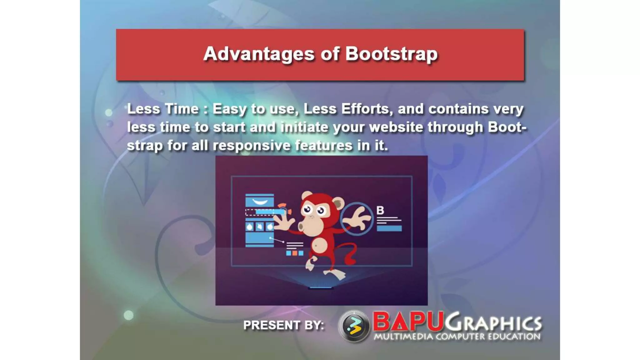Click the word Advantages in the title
pyautogui.click(x=259, y=54)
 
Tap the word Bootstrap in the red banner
pyautogui.click(x=391, y=54)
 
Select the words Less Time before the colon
pyautogui.click(x=163, y=109)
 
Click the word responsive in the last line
pyautogui.click(x=252, y=146)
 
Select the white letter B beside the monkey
pyautogui.click(x=380, y=210)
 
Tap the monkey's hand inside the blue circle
pyautogui.click(x=358, y=219)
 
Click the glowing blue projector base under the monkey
pyautogui.click(x=320, y=287)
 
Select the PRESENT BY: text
pyautogui.click(x=283, y=325)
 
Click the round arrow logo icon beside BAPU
pyautogui.click(x=354, y=326)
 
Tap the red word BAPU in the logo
pyautogui.click(x=408, y=322)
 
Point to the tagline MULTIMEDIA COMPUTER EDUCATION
pyautogui.click(x=457, y=337)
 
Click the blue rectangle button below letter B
pyautogui.click(x=389, y=228)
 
